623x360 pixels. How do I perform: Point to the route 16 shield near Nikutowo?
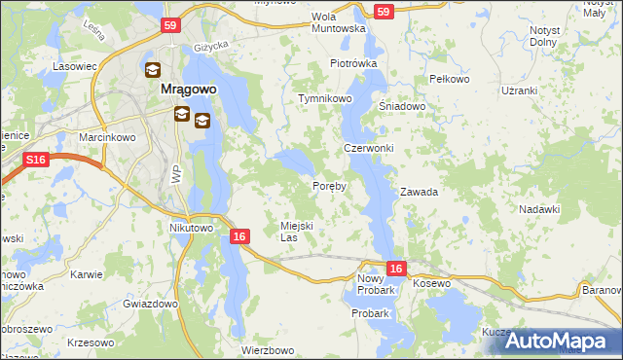(x=240, y=235)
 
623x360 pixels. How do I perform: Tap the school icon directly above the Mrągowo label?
(x=154, y=70)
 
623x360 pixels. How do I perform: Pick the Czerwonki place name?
(x=369, y=148)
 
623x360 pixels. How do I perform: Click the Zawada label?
(x=419, y=193)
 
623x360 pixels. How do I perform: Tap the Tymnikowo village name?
(x=325, y=100)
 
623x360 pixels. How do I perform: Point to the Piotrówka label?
(x=352, y=63)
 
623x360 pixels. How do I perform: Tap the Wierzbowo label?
(x=268, y=350)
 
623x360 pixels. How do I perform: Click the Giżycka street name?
(x=209, y=46)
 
